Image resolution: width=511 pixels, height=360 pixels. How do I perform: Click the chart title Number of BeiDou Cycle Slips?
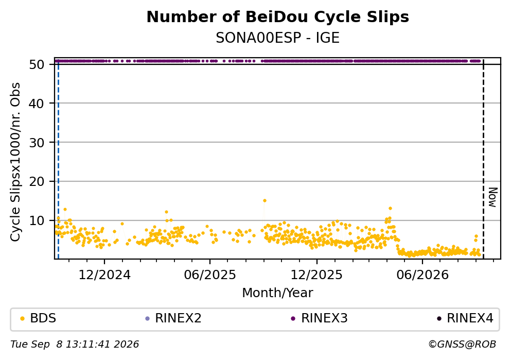point(278,17)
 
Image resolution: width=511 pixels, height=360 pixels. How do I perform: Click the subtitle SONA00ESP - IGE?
point(278,38)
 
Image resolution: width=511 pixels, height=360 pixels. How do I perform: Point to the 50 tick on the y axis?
point(37,64)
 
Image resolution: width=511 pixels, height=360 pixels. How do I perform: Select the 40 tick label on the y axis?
point(37,104)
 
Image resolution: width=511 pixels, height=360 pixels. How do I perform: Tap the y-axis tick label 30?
point(37,143)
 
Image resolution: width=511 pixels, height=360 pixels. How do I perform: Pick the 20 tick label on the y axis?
point(37,181)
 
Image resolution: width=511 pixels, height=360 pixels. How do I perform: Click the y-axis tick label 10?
point(37,220)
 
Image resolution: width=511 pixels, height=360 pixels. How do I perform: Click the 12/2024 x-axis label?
point(104,275)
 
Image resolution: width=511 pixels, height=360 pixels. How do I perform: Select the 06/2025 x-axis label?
point(209,275)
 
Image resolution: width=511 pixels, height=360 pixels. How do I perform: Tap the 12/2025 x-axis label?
point(316,275)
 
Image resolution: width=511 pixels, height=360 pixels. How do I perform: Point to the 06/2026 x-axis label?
point(422,275)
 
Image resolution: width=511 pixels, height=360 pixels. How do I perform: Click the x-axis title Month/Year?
point(277,293)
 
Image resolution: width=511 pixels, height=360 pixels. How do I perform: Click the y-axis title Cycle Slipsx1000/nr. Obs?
point(15,162)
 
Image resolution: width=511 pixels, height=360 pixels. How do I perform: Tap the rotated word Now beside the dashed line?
point(493,197)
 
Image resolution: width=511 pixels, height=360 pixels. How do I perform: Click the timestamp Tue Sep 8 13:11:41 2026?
point(75,345)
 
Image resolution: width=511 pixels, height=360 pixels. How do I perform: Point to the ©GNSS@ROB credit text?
point(462,345)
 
